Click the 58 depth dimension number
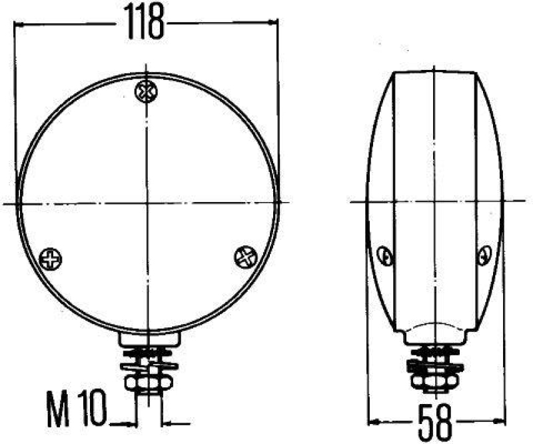click(436, 421)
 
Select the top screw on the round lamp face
click(145, 91)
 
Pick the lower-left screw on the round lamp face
click(51, 258)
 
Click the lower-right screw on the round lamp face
click(246, 255)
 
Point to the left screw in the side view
click(384, 255)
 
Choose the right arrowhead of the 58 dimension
click(498, 421)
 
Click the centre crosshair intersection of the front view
click(146, 202)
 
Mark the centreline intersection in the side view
click(434, 201)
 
